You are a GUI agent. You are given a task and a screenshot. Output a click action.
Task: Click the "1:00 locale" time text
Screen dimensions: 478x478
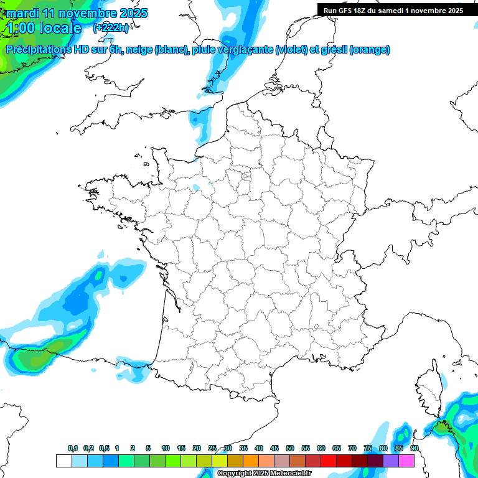(x=44, y=28)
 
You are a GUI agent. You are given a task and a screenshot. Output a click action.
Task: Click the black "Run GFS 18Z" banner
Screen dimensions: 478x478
(x=393, y=11)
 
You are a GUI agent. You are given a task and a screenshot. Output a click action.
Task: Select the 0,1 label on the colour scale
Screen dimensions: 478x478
(x=73, y=449)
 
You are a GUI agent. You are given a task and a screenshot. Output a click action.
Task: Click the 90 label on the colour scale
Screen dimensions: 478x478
(x=414, y=449)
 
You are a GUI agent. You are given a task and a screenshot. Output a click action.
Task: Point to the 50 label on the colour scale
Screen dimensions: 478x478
(x=290, y=449)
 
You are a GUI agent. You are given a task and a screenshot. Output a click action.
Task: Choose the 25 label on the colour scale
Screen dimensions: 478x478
(x=212, y=449)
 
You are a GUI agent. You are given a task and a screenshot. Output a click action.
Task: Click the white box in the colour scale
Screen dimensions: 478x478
(x=63, y=461)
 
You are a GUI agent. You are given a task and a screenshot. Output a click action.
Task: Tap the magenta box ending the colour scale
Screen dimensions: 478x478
(x=406, y=461)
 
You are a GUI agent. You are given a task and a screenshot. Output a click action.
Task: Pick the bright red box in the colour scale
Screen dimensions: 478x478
(x=329, y=461)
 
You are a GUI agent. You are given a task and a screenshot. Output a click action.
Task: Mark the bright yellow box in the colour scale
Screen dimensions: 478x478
(x=219, y=461)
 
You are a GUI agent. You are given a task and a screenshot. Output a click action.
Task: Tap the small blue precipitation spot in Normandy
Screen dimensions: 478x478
(x=197, y=187)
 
